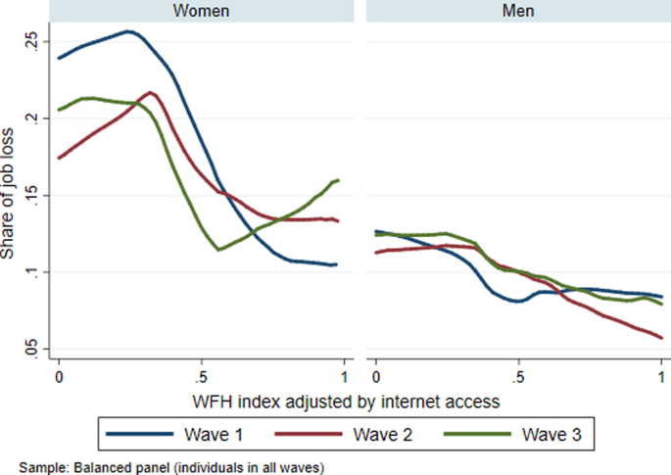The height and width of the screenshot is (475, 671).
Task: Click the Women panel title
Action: (x=201, y=10)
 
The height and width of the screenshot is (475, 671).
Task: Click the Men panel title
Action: (x=518, y=10)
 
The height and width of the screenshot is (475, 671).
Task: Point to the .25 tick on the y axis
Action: (x=32, y=40)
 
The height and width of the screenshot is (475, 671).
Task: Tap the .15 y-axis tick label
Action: (x=32, y=195)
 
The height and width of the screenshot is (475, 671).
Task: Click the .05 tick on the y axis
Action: (x=32, y=350)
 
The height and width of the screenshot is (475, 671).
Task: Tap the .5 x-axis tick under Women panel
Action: (x=201, y=377)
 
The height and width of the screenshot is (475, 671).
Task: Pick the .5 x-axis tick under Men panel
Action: (x=518, y=377)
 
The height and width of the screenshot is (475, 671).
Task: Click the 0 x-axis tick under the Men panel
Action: (x=376, y=377)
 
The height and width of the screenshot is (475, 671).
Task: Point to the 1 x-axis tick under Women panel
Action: (x=344, y=377)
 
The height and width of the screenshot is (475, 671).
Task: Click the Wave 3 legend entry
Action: (x=519, y=433)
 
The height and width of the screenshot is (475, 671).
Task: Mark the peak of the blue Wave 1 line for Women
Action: (x=128, y=31)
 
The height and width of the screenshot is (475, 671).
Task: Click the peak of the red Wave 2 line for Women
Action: (x=150, y=93)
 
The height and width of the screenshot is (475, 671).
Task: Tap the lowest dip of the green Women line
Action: (x=218, y=250)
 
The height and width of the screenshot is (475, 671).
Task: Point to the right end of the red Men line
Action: (x=661, y=338)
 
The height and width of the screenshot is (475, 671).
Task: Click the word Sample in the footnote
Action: (x=41, y=466)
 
